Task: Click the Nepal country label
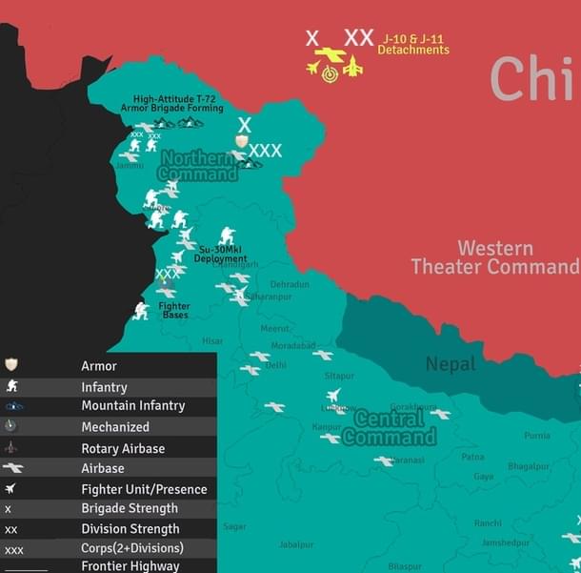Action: click(x=451, y=363)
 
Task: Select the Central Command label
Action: click(x=391, y=428)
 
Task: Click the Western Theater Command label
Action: click(x=494, y=257)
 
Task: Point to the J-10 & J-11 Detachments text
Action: click(x=413, y=45)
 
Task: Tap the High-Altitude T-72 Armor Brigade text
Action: click(x=178, y=104)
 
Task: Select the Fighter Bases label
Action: click(x=175, y=310)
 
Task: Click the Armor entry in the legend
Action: click(x=99, y=365)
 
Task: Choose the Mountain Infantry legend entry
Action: click(x=133, y=406)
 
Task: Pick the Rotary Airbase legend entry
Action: click(x=123, y=448)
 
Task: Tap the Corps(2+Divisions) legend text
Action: click(x=132, y=548)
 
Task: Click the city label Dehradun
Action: click(x=290, y=284)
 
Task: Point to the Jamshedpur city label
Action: click(x=506, y=542)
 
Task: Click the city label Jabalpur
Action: click(x=295, y=544)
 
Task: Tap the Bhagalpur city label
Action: click(x=530, y=466)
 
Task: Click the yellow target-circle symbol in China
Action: click(x=330, y=73)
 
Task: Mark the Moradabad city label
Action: click(x=292, y=345)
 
